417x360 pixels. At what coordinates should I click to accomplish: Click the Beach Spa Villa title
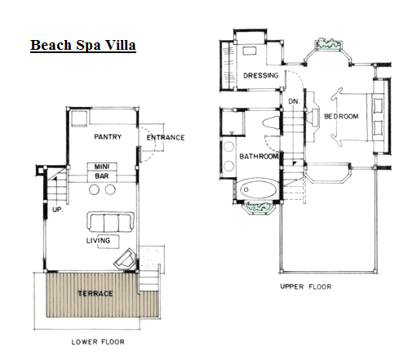[83, 45]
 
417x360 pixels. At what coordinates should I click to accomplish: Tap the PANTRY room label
[108, 136]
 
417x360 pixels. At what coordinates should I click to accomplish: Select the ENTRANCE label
[166, 137]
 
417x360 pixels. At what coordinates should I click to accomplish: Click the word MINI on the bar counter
[102, 167]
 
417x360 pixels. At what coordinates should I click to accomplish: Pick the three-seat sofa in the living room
[110, 222]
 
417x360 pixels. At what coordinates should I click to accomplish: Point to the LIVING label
[98, 241]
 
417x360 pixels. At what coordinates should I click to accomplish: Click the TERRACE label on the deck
[95, 294]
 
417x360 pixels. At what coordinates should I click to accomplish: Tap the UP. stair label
[58, 210]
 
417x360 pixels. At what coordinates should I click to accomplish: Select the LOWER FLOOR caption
[98, 342]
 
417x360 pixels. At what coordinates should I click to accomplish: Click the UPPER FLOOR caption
[306, 287]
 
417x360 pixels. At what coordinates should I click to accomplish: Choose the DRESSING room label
[261, 75]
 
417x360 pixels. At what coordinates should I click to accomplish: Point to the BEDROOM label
[341, 117]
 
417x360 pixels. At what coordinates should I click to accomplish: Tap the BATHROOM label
[259, 156]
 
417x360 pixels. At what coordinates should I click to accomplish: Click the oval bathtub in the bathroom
[258, 189]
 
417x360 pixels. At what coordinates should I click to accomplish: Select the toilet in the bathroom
[271, 122]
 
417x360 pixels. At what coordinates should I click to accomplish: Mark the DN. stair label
[294, 101]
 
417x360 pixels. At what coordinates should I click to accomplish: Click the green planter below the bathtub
[260, 207]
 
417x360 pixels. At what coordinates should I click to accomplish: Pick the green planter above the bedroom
[328, 44]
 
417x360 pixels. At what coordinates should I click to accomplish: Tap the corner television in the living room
[125, 259]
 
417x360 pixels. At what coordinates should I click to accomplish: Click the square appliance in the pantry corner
[79, 118]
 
